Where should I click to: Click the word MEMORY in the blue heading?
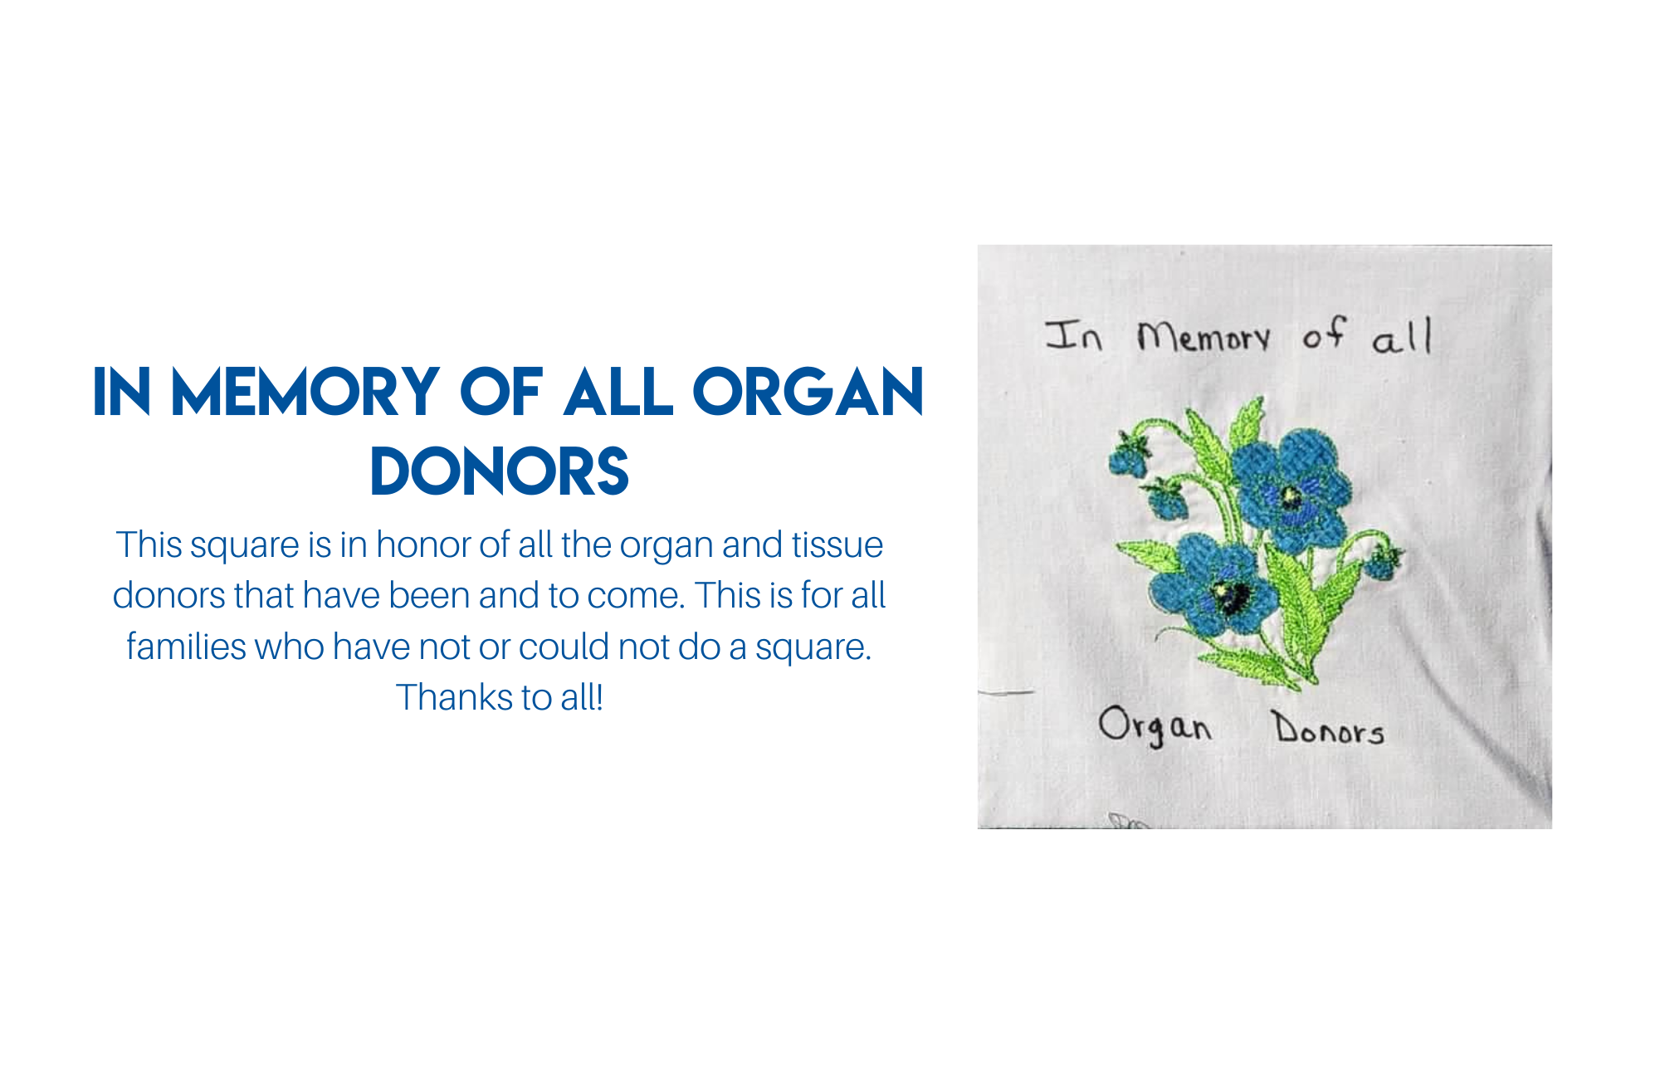[305, 392]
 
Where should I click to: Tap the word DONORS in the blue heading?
[500, 471]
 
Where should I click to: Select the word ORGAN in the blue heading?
[808, 392]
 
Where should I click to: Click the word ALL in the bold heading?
[618, 392]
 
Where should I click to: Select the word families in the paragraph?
[186, 647]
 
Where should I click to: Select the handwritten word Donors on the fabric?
[1330, 728]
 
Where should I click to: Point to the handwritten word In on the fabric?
[1073, 335]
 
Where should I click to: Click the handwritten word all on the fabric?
[1402, 336]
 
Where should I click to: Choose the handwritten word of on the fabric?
[1323, 333]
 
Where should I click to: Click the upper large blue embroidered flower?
[1291, 490]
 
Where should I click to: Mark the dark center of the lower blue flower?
[1230, 594]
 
